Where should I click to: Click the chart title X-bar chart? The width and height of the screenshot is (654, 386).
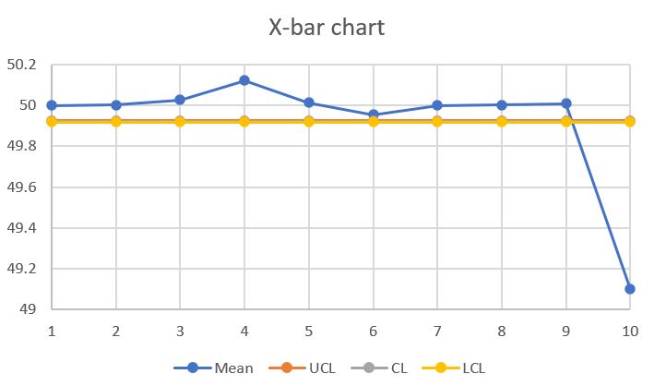click(x=327, y=27)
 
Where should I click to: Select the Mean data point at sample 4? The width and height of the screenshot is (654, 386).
click(x=244, y=80)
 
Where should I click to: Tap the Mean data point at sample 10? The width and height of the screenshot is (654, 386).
click(x=630, y=289)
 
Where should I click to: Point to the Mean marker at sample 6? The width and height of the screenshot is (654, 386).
click(x=373, y=115)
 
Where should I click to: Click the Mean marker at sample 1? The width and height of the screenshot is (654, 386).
click(x=52, y=105)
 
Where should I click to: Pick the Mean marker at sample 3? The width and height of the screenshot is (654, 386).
click(x=180, y=100)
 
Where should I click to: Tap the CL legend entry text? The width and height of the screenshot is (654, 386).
click(x=398, y=368)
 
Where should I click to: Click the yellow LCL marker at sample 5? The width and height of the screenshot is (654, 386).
click(x=308, y=121)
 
